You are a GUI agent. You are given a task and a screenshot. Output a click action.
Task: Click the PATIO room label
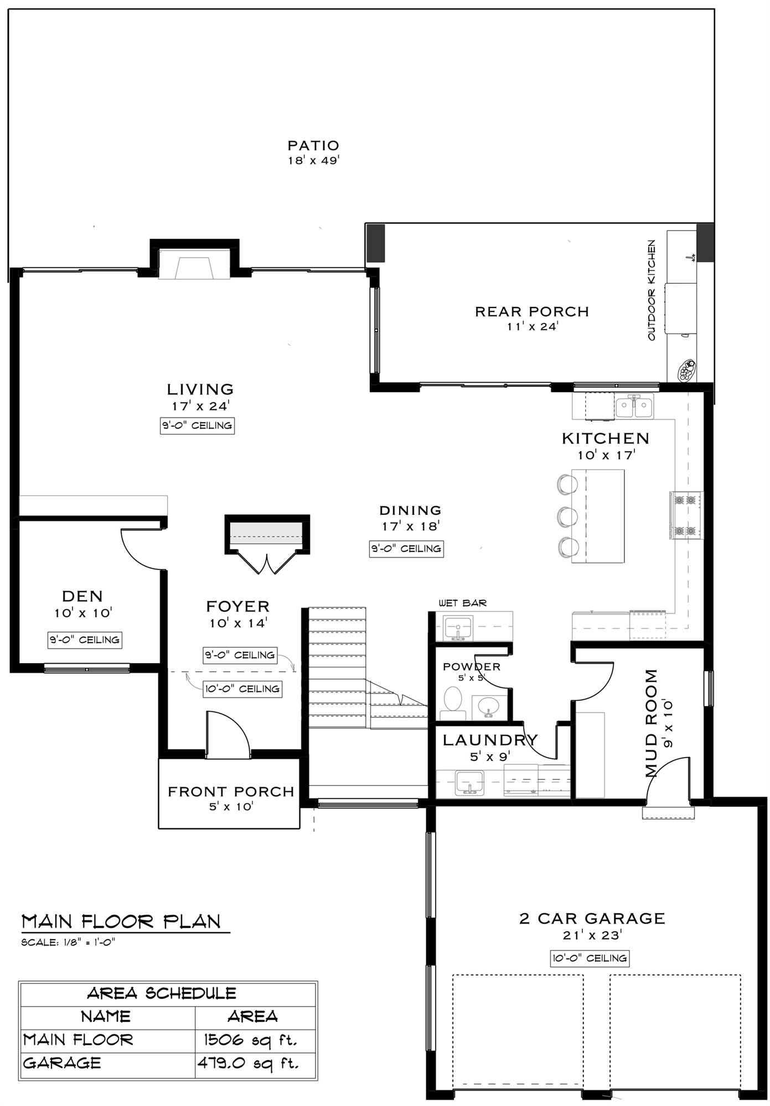tap(313, 145)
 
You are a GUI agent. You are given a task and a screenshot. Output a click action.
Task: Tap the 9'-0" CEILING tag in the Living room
tap(197, 425)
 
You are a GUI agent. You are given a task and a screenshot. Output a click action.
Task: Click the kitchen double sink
tap(634, 408)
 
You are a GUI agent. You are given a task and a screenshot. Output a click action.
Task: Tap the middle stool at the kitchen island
tap(567, 516)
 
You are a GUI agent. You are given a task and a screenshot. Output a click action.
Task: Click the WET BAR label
tap(462, 603)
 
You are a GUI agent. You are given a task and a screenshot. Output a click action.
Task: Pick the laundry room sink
tap(469, 783)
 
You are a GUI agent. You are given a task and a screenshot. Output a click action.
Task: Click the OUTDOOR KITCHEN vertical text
tap(651, 290)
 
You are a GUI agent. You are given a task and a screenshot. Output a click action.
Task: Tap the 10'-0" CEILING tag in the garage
tap(590, 958)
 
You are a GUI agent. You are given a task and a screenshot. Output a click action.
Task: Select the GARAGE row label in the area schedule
tap(62, 1063)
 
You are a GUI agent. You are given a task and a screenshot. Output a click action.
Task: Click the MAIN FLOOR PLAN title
tap(121, 921)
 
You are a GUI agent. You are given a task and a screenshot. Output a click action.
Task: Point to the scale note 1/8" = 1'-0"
tap(68, 942)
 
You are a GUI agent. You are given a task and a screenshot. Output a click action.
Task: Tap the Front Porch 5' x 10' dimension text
tap(231, 806)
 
